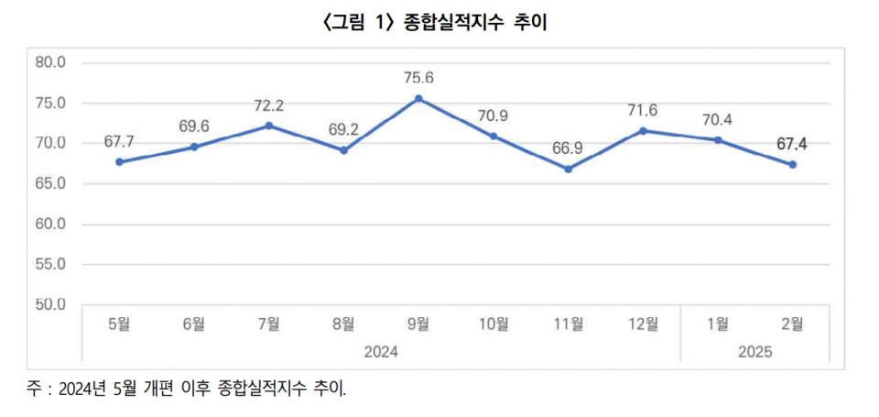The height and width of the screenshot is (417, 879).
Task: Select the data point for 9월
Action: tap(418, 98)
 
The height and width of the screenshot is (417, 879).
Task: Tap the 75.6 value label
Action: tap(418, 78)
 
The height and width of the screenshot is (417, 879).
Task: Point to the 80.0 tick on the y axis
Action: tap(49, 63)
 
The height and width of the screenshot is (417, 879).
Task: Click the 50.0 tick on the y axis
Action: tap(49, 304)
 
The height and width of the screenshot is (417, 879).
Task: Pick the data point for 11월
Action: tap(568, 169)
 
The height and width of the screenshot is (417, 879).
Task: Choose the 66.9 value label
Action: tap(568, 148)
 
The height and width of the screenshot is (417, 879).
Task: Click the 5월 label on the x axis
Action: tap(119, 323)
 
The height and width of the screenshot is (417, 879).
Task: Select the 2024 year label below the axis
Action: tap(381, 351)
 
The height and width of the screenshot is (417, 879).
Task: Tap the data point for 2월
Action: tap(793, 165)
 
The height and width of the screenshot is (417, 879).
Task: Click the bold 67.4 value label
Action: tap(793, 144)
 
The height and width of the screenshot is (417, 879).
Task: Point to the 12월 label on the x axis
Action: tap(643, 323)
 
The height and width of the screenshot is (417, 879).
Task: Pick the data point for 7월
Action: tap(269, 126)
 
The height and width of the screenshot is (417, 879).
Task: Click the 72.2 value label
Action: tap(268, 105)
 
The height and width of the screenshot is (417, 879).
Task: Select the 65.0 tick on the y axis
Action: tap(49, 183)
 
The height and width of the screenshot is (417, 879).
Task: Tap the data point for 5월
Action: tap(119, 162)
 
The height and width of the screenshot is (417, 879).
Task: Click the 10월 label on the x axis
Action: tap(494, 323)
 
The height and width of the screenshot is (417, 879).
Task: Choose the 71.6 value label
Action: tap(643, 110)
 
